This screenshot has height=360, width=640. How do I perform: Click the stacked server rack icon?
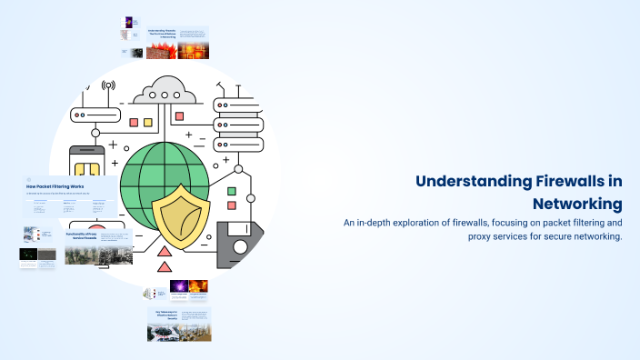(x=238, y=118)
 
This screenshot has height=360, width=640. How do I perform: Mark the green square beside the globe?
(x=231, y=192)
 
